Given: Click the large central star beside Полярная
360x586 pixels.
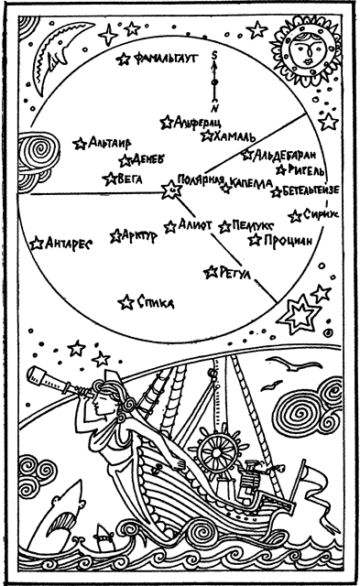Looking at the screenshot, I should pyautogui.click(x=169, y=190).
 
